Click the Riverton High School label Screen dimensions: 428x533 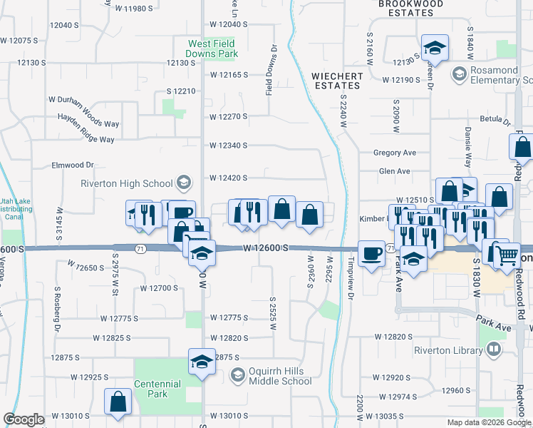click(x=127, y=183)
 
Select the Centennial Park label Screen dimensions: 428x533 click(x=160, y=389)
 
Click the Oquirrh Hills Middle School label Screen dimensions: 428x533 click(x=280, y=376)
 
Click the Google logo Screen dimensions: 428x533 click(x=24, y=419)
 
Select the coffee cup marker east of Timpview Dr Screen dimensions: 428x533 click(x=371, y=253)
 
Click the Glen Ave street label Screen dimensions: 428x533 click(x=395, y=171)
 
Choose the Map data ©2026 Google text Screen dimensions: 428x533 click(x=488, y=422)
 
